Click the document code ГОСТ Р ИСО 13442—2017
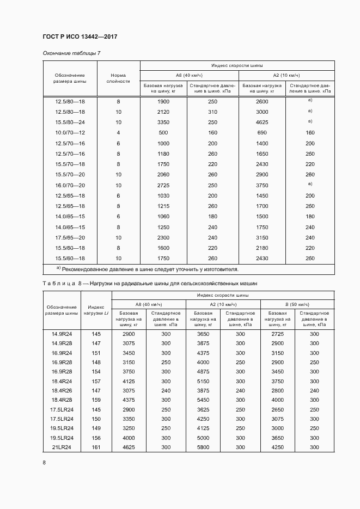[80, 36]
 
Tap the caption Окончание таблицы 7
[71, 53]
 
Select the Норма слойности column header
[118, 78]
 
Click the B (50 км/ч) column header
[297, 304]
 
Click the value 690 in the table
[261, 133]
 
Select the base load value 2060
[163, 175]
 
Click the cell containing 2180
[261, 248]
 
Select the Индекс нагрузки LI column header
[96, 310]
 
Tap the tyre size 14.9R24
[62, 333]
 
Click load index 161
[96, 447]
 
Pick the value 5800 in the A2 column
[203, 447]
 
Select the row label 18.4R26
[62, 390]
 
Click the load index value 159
[96, 400]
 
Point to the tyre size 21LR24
[62, 447]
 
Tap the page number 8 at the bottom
[44, 463]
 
